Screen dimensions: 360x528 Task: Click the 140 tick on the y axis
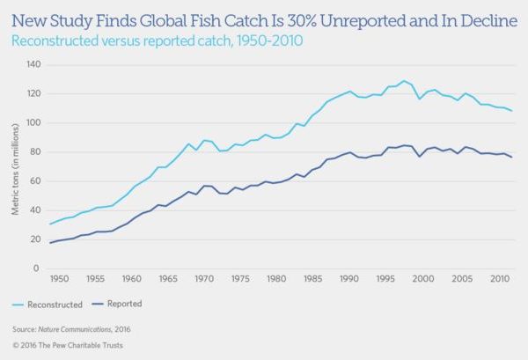(34, 64)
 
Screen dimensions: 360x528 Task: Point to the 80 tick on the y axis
(36, 151)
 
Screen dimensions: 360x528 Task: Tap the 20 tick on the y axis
(36, 239)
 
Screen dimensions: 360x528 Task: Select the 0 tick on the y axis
(39, 268)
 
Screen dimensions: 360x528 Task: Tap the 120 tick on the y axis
(34, 93)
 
